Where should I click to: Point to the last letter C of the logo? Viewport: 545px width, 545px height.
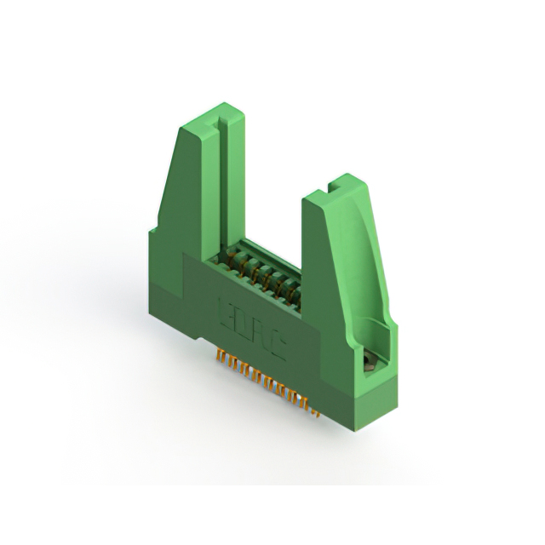[x=277, y=338]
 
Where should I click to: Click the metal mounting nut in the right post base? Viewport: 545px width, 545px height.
[x=370, y=362]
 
